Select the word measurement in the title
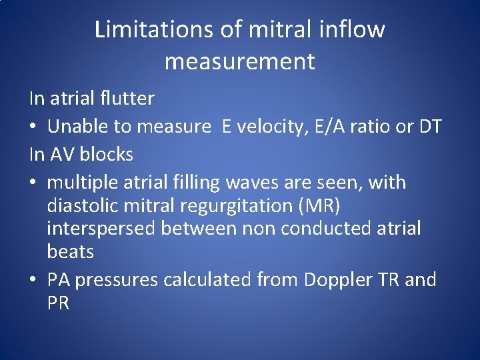point(239,62)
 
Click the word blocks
point(106,155)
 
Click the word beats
point(70,252)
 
